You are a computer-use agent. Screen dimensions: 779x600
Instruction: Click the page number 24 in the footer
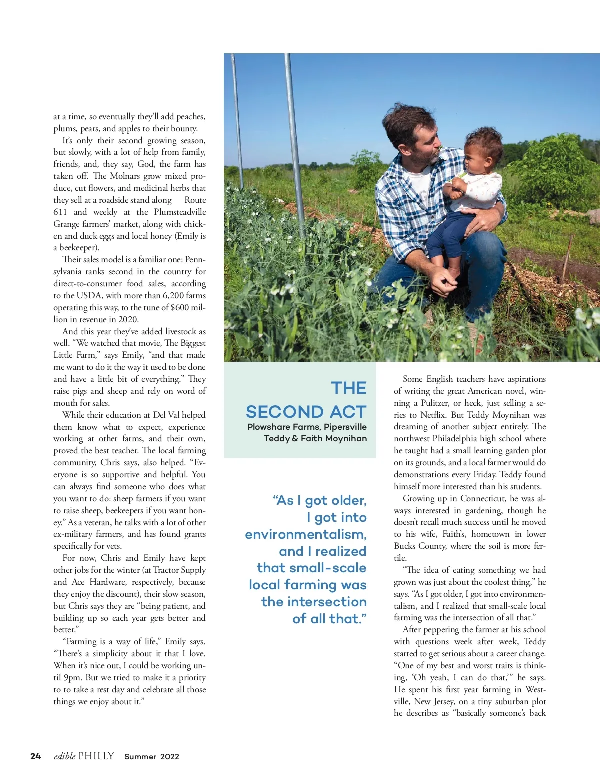click(x=36, y=756)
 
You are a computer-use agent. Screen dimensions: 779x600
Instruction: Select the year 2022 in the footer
click(x=169, y=757)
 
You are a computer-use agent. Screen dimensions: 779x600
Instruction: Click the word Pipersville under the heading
click(x=345, y=427)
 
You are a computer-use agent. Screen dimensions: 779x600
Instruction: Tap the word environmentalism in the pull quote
click(x=306, y=534)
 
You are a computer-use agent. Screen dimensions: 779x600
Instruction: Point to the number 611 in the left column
click(x=60, y=212)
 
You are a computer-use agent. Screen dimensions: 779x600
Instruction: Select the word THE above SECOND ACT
click(x=349, y=388)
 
